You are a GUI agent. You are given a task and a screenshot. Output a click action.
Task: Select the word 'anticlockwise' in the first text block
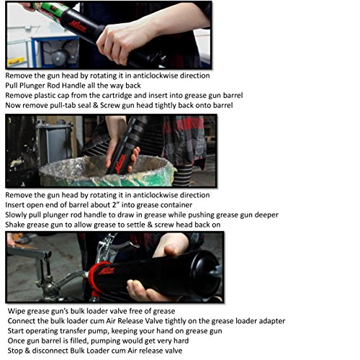coord(164,75)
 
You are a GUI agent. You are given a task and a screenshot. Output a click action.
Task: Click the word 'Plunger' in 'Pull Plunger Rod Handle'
coord(38,85)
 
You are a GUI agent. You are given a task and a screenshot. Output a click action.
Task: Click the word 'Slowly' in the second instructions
coord(18,215)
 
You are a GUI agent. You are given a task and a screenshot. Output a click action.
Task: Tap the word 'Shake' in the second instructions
coord(17,225)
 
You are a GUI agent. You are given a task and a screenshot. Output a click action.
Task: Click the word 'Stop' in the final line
coord(17,351)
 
